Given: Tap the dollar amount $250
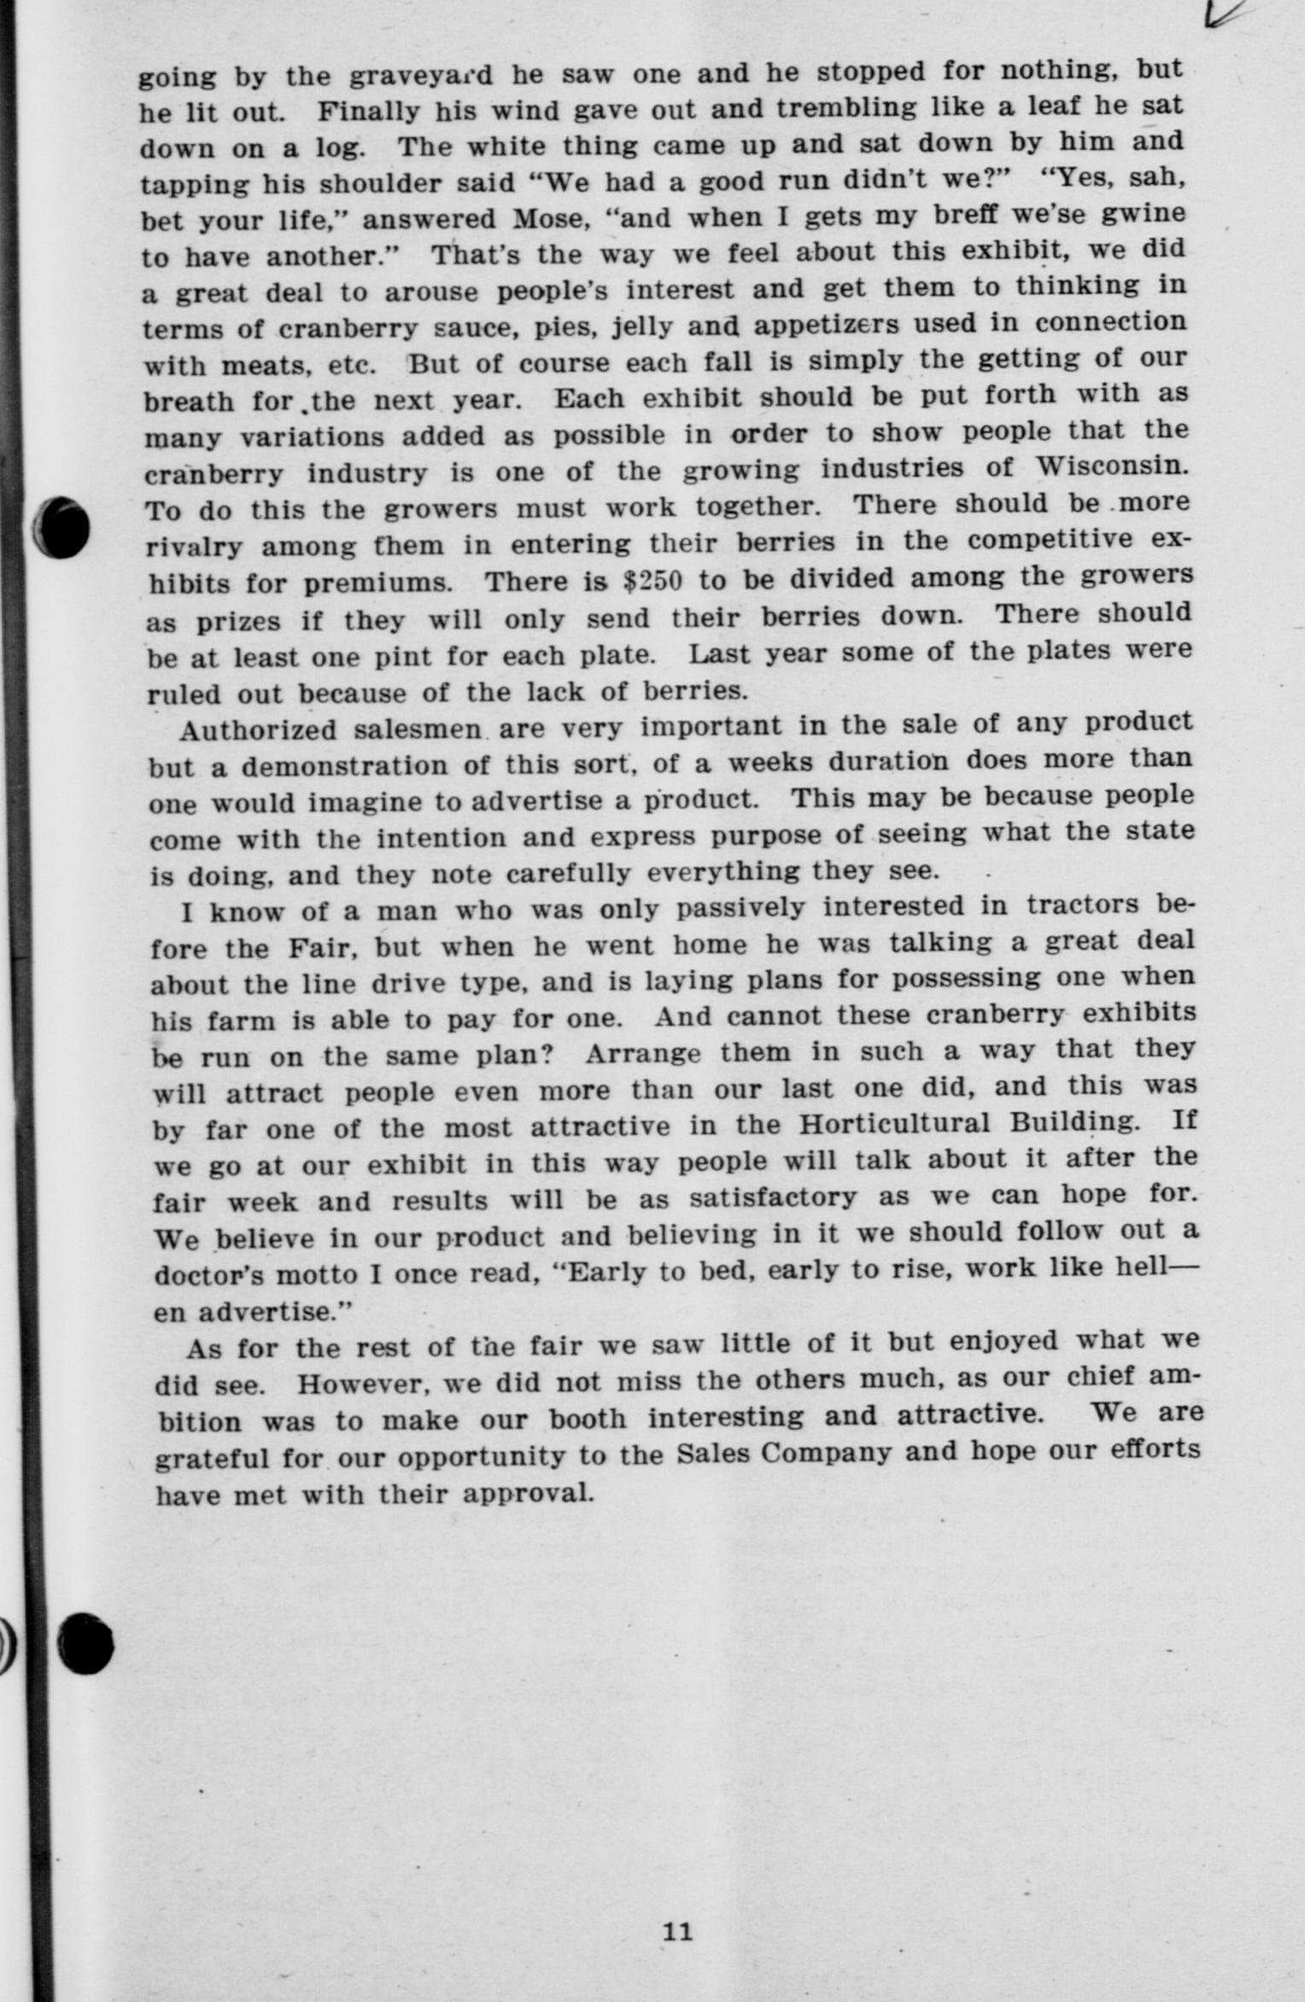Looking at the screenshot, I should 652,581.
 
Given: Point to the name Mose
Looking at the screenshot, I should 547,219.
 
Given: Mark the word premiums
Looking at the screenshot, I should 377,584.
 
